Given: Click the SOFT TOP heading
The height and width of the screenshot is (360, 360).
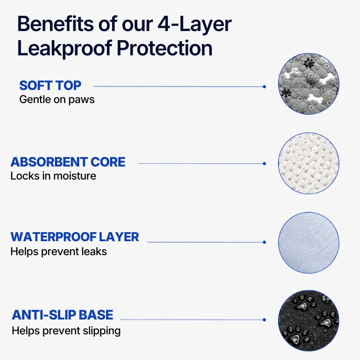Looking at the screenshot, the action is (x=50, y=85).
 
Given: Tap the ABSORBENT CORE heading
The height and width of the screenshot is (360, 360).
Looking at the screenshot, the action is (x=68, y=162).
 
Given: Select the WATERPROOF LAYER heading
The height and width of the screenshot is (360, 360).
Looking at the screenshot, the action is (x=75, y=237).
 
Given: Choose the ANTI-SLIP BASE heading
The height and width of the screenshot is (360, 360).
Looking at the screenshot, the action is (x=63, y=315).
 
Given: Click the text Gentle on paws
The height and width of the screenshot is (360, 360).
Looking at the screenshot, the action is (x=57, y=100).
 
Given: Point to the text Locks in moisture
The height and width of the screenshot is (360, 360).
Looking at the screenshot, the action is (x=53, y=176).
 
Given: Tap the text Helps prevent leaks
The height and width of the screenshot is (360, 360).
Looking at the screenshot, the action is (x=58, y=252).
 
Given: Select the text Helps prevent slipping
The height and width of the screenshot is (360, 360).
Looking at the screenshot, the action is (x=66, y=331).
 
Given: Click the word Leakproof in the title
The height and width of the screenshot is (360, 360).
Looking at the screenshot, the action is (x=65, y=49).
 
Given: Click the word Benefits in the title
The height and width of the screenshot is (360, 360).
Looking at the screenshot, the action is (x=55, y=23).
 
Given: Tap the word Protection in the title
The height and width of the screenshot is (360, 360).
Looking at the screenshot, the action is (x=165, y=48).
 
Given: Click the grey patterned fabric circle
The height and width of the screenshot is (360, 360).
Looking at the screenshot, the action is (x=309, y=84).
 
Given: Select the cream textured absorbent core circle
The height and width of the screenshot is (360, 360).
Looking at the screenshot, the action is (x=309, y=163).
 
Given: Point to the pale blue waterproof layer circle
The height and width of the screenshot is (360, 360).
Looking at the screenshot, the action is (x=309, y=243).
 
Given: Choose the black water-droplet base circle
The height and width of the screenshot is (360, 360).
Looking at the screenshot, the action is (x=309, y=321).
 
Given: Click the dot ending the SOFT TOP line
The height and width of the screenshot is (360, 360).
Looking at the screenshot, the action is (x=264, y=86).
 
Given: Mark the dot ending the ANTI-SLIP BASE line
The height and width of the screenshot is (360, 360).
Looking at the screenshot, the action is (x=264, y=319).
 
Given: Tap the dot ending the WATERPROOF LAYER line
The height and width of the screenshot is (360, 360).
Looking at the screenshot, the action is (x=264, y=242).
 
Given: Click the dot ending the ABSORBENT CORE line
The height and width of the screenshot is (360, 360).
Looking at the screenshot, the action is (x=264, y=163).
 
